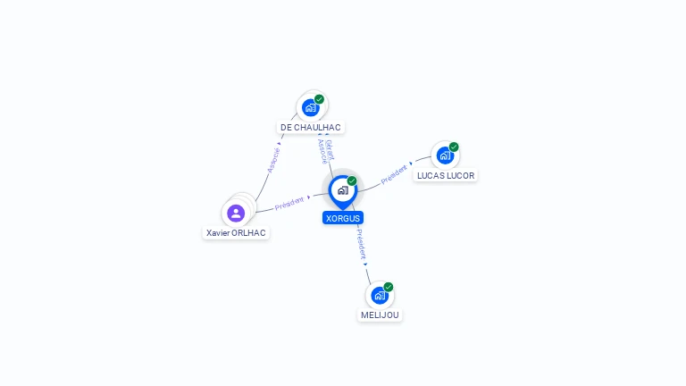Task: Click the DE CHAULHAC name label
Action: point(311,128)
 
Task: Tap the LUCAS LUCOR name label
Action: point(446,175)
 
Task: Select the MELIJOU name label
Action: point(380,315)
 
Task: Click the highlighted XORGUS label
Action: point(343,218)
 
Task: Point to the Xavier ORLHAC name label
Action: point(236,233)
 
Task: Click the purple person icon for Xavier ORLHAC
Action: point(236,214)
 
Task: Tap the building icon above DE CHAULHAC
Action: point(311,107)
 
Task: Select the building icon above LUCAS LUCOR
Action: point(445,155)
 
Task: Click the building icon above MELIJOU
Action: point(380,296)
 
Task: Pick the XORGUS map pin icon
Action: point(343,192)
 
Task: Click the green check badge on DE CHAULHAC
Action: point(320,99)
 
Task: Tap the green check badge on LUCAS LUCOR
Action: point(454,147)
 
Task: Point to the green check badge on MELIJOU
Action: point(388,287)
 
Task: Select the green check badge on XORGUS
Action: point(352,180)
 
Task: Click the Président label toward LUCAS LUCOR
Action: point(394,174)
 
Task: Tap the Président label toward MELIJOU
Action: point(361,244)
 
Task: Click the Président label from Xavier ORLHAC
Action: point(289,203)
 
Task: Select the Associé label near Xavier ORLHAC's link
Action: point(273,160)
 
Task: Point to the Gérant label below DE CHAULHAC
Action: point(330,150)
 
